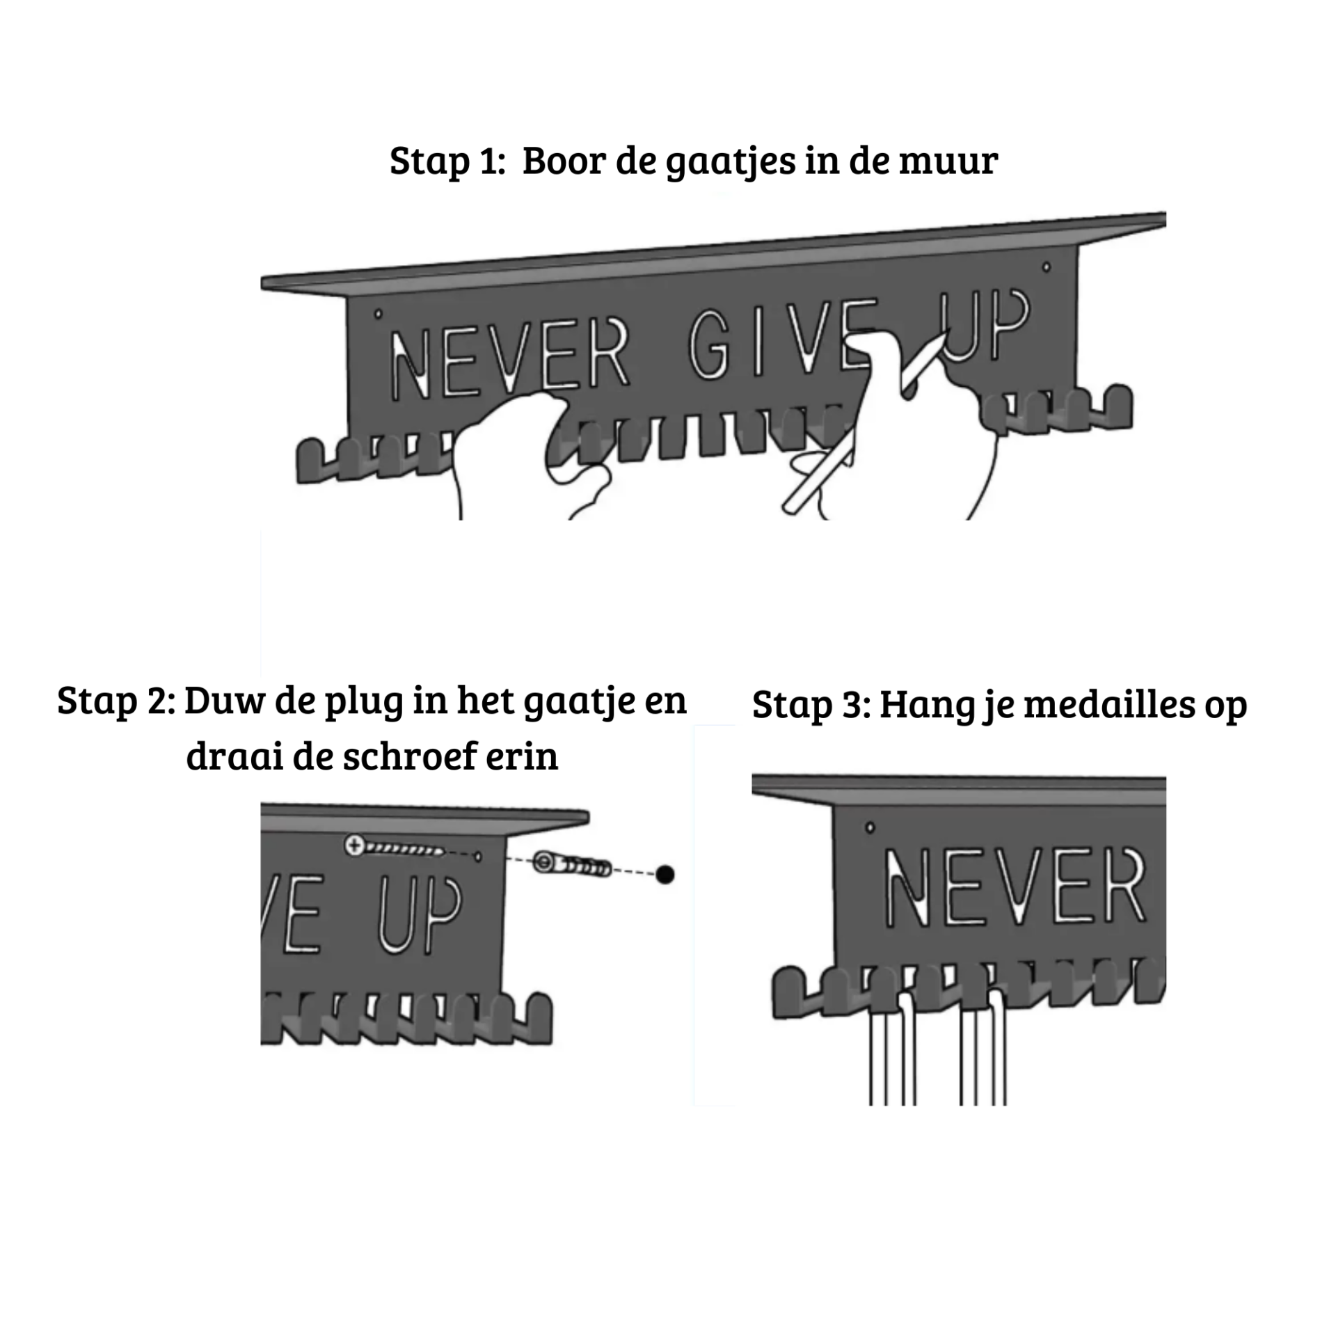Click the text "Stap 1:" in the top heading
point(447,161)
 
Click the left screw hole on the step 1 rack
point(379,315)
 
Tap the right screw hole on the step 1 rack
point(1046,267)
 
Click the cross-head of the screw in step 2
point(354,846)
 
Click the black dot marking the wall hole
point(665,874)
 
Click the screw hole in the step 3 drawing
point(870,827)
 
